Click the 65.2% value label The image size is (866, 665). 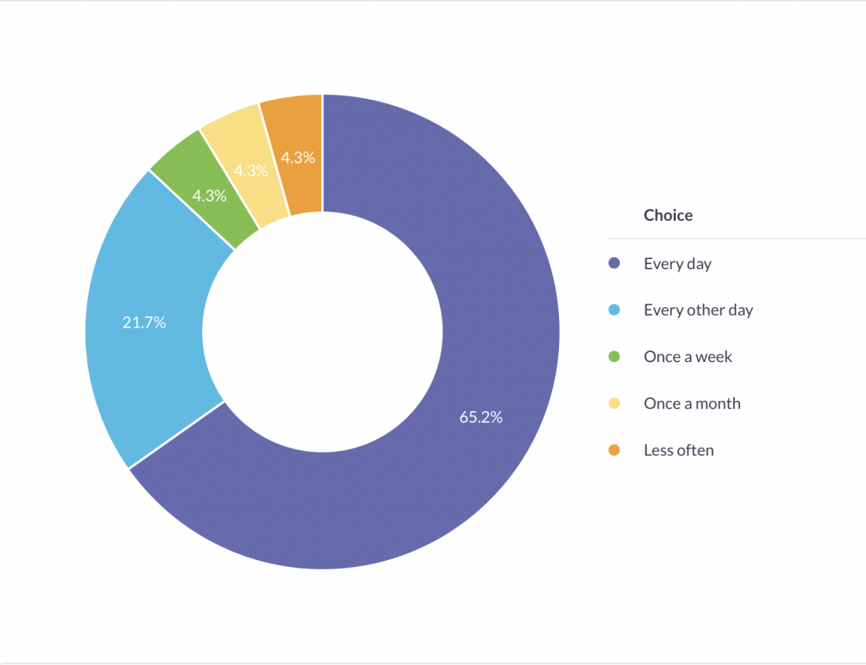(480, 417)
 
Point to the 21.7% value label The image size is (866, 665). (144, 322)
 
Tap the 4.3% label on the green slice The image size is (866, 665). (209, 196)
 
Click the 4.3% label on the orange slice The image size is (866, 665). (299, 157)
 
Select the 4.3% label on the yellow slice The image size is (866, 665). (251, 171)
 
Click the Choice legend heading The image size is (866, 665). (668, 215)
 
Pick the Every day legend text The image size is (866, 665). (677, 264)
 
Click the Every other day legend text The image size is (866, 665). (698, 311)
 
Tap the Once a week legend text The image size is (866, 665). (688, 357)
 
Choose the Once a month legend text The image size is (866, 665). (692, 404)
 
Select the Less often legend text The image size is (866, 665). (678, 450)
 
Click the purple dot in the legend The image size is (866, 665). (615, 264)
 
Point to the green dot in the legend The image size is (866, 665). (615, 357)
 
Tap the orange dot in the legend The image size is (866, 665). (615, 450)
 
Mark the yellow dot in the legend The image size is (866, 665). (615, 404)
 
